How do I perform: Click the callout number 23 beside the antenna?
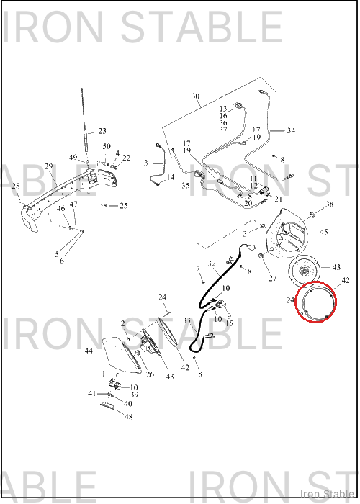coord(102,131)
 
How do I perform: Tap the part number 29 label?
coord(48,166)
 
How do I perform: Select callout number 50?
coord(107,147)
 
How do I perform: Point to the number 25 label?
coord(124,206)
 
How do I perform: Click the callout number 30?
coord(195,96)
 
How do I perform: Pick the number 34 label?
coord(291,130)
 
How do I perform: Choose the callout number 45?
coord(324,232)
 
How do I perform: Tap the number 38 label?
coord(330,204)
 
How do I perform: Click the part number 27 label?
coord(273,279)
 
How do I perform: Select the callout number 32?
coord(212,264)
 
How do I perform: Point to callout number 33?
coord(186,320)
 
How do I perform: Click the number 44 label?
coord(89,351)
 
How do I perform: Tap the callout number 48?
coord(129,417)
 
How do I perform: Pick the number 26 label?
coord(150,374)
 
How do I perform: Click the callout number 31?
coord(148,163)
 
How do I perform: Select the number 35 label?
coord(186,186)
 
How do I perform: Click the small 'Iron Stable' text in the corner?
coord(327,494)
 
